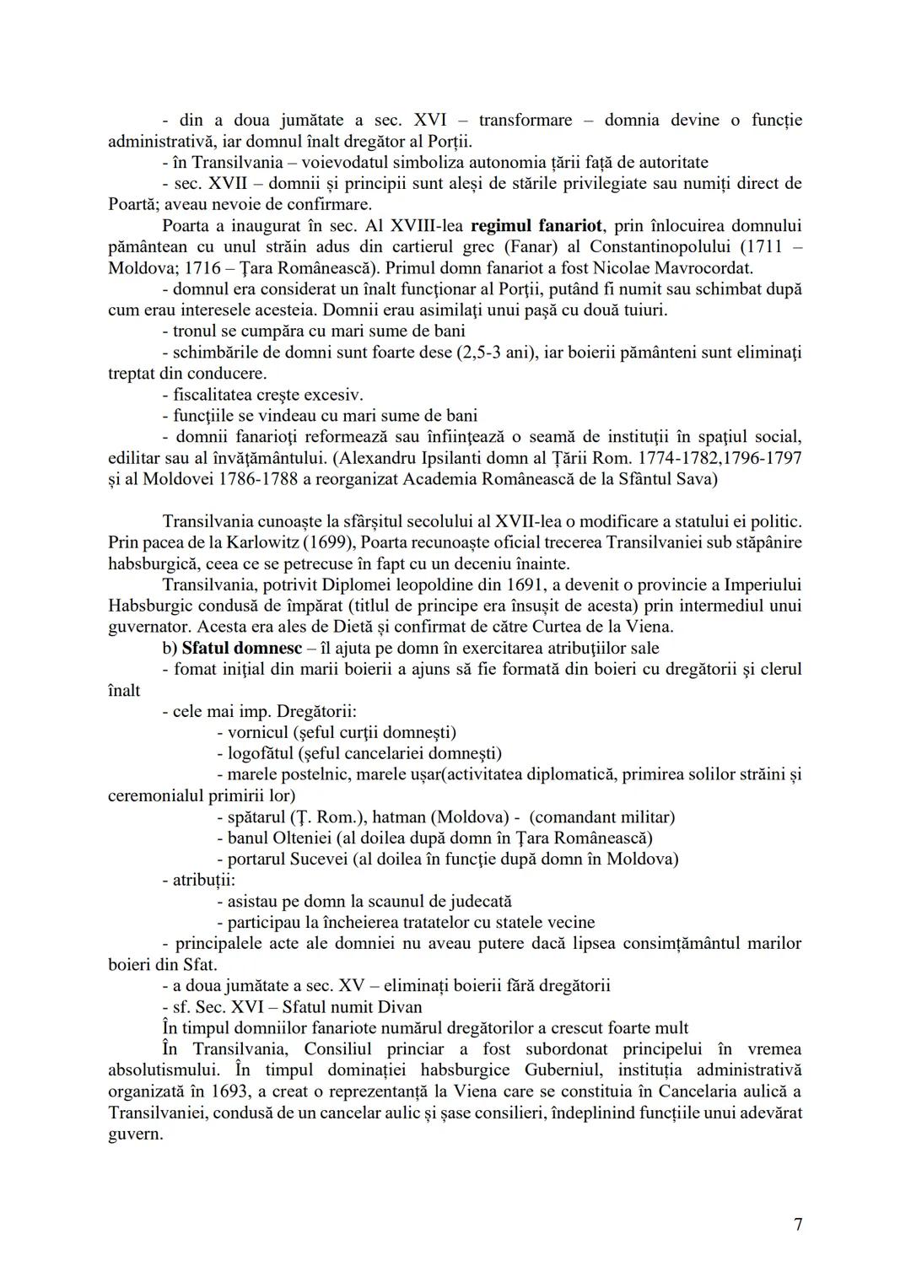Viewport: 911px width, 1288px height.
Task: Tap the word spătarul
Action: coord(256,816)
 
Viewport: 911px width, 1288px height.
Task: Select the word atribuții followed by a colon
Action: coord(191,880)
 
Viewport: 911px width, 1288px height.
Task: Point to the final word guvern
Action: coord(135,1133)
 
